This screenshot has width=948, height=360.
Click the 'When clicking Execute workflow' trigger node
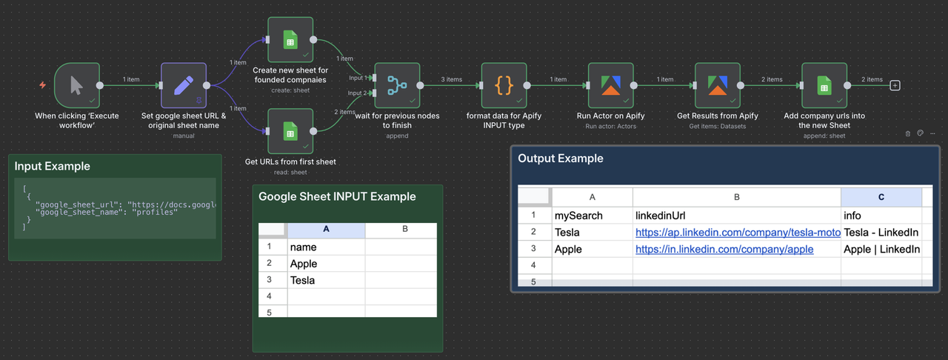pyautogui.click(x=76, y=85)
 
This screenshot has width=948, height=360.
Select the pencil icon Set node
pyautogui.click(x=183, y=85)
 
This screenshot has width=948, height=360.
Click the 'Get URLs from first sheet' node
pyautogui.click(x=290, y=131)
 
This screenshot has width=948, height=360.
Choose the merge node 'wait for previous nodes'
pyautogui.click(x=397, y=85)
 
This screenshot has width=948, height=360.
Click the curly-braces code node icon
pyautogui.click(x=504, y=85)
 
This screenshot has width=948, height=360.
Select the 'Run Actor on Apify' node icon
pyautogui.click(x=610, y=85)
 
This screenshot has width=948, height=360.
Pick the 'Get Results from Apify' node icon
pyautogui.click(x=717, y=85)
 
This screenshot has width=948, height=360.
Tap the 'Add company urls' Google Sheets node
pyautogui.click(x=824, y=85)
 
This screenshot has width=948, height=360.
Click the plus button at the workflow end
pyautogui.click(x=895, y=85)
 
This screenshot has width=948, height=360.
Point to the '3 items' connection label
pyautogui.click(x=451, y=79)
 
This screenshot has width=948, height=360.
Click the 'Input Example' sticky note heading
pyautogui.click(x=52, y=166)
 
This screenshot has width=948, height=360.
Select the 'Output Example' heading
pyautogui.click(x=560, y=159)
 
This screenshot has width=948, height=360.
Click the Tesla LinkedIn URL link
pyautogui.click(x=737, y=233)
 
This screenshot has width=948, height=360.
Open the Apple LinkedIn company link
pyautogui.click(x=724, y=250)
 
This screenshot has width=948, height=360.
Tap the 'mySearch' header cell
pyautogui.click(x=578, y=216)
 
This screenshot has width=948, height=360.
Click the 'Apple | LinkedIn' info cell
pyautogui.click(x=881, y=250)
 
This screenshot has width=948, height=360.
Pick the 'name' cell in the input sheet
pyautogui.click(x=304, y=247)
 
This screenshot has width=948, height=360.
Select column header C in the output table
pyautogui.click(x=881, y=196)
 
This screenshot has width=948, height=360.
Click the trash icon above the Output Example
pyautogui.click(x=908, y=134)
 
